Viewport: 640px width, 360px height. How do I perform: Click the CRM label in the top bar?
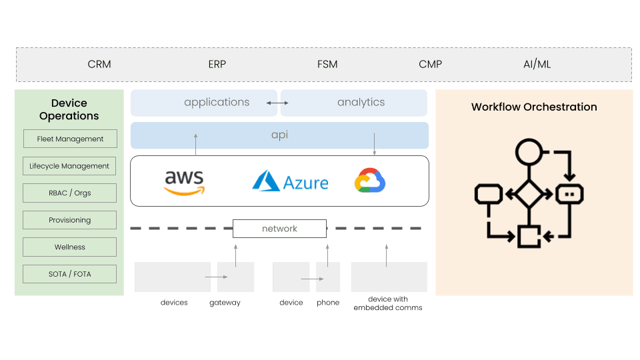(x=99, y=65)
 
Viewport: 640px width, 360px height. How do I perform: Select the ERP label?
(x=217, y=65)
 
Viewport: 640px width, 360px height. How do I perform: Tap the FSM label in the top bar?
(x=327, y=65)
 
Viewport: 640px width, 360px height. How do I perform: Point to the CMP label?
(x=430, y=65)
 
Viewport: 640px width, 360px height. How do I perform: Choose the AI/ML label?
(x=537, y=65)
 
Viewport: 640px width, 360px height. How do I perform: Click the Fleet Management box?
(x=70, y=139)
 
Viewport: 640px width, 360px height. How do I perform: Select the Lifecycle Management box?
(x=70, y=166)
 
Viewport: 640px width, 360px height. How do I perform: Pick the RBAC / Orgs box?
(x=70, y=193)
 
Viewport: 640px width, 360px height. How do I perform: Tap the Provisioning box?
(x=70, y=220)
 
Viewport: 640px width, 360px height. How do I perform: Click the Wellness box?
(x=70, y=247)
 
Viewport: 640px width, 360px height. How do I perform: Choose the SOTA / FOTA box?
(x=70, y=274)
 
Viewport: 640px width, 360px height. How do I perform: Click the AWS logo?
(x=184, y=182)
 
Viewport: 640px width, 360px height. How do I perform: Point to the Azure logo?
(x=290, y=181)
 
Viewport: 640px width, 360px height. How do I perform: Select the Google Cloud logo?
(x=370, y=181)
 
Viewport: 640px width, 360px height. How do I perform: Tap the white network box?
(x=279, y=229)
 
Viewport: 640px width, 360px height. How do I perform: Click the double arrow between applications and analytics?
(x=277, y=103)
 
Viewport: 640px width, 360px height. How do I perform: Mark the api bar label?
(x=279, y=135)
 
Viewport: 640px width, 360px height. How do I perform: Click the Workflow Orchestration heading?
(x=534, y=107)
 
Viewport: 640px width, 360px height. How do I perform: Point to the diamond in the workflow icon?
(x=529, y=194)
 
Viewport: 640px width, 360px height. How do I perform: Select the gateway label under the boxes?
(x=225, y=303)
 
